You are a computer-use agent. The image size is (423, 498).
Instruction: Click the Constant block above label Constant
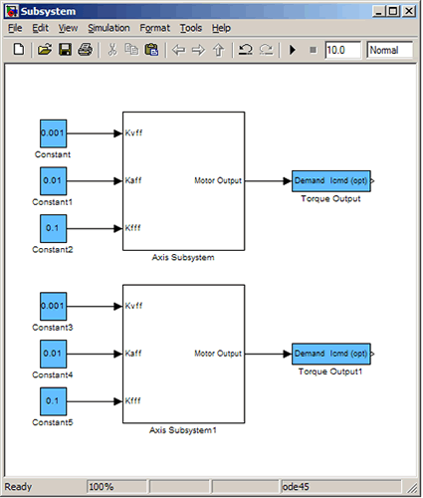point(53,133)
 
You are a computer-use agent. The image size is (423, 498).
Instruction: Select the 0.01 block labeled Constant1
point(53,181)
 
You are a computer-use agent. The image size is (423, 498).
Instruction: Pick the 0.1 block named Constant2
point(53,228)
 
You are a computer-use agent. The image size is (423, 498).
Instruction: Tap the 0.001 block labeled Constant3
point(53,306)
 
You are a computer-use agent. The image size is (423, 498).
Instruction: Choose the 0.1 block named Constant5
point(53,401)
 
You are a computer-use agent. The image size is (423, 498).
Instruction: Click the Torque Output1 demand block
point(331,354)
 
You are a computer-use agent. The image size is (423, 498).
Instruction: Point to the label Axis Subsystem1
point(183,430)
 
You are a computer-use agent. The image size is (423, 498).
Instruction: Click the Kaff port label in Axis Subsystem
point(133,180)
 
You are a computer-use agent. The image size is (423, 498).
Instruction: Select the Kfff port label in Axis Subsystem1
point(132,401)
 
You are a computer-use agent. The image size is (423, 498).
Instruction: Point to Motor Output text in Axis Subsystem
point(218,180)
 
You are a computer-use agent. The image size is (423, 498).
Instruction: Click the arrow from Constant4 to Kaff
point(95,354)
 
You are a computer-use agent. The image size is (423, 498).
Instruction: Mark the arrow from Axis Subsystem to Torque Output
point(268,181)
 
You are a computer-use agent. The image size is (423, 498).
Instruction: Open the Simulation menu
point(108,28)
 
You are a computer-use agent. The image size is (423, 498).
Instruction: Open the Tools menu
point(191,28)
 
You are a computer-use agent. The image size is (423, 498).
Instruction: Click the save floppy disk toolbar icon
point(65,50)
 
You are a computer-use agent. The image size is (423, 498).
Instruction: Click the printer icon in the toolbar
point(86,50)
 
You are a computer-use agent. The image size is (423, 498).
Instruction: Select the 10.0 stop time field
point(342,50)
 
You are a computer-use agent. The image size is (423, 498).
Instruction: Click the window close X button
point(409,12)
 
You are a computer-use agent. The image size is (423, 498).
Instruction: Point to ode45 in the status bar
point(296,487)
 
